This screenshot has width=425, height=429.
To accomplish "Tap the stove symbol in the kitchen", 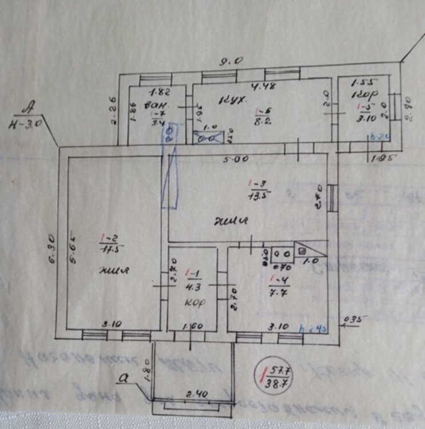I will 204,137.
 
